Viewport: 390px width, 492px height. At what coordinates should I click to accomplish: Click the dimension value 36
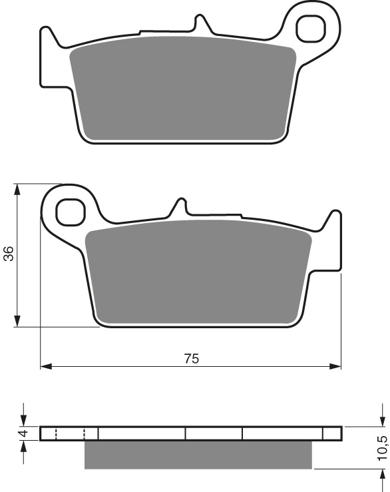(9, 254)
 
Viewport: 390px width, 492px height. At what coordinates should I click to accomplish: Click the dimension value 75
(191, 359)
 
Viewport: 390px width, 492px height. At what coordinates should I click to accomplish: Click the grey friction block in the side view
(198, 455)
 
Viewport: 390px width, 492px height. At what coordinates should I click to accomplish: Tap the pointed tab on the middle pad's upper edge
(179, 205)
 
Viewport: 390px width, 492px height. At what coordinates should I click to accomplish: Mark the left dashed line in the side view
(56, 434)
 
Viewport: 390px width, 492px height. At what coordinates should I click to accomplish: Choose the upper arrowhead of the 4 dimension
(24, 421)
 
